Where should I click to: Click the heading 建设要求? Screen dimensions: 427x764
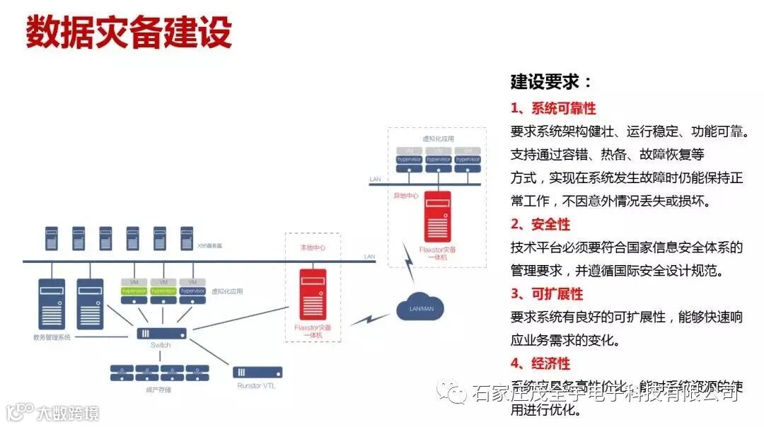point(551,82)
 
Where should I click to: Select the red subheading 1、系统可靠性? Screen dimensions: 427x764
point(553,108)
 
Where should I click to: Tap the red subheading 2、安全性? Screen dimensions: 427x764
point(540,224)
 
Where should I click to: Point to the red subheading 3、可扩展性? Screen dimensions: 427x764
point(547,293)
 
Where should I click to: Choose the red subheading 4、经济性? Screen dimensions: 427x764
point(540,363)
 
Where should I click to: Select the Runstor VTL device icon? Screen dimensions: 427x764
point(257,372)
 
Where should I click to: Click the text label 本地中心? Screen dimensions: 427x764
point(312,249)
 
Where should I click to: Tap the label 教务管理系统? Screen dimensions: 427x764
point(52,337)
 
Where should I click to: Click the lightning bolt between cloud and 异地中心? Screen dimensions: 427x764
point(409,262)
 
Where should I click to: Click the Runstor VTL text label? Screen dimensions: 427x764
point(256,386)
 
